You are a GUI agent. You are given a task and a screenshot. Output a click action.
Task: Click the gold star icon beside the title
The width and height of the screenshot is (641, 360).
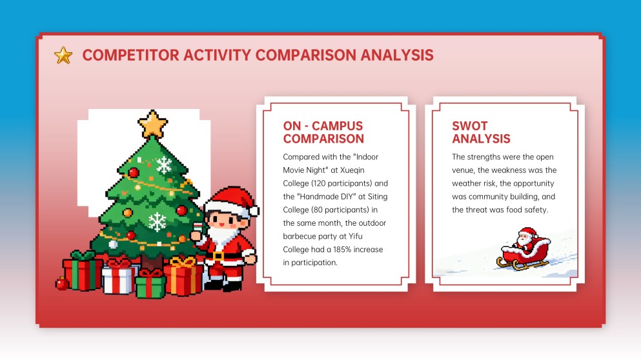(x=63, y=55)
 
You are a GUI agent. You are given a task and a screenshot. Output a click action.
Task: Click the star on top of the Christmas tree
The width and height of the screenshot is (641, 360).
(x=153, y=124)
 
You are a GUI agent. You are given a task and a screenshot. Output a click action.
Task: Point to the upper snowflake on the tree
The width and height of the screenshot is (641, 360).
(x=165, y=165)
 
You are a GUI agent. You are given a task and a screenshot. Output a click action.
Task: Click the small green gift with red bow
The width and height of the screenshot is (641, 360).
(x=150, y=284)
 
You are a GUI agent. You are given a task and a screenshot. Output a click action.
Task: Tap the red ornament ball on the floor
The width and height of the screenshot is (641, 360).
(x=62, y=283)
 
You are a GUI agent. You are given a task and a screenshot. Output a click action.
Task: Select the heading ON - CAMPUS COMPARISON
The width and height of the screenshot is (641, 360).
(x=323, y=132)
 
